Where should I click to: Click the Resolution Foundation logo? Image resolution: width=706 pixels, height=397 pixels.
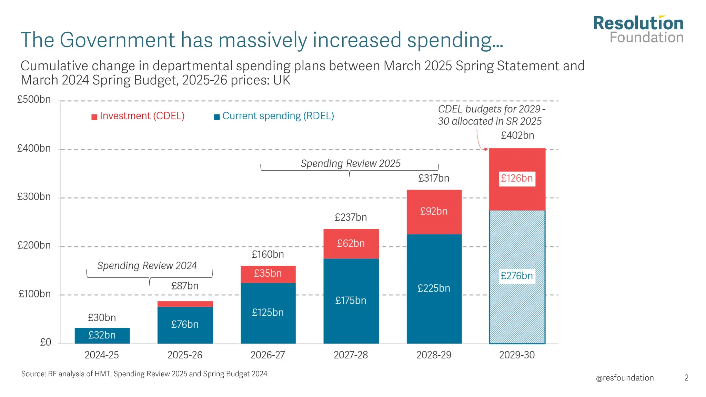[638, 30]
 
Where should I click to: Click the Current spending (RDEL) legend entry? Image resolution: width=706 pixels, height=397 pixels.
[274, 116]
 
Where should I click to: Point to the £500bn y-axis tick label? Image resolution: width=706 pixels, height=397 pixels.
[34, 100]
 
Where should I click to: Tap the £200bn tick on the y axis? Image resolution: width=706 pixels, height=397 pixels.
[34, 245]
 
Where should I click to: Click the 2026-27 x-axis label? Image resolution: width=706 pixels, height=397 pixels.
[268, 355]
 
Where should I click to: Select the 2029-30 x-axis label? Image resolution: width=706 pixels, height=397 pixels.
[517, 355]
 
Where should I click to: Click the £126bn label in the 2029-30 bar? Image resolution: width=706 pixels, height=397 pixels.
[517, 179]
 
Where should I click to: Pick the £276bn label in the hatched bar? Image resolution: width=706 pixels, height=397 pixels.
[517, 276]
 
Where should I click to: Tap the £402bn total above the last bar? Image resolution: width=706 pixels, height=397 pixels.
[517, 135]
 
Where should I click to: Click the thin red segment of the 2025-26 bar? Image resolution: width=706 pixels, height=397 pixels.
[185, 304]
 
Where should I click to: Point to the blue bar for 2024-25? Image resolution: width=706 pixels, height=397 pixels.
[102, 335]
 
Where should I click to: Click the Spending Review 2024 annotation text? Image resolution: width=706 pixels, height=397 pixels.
[147, 266]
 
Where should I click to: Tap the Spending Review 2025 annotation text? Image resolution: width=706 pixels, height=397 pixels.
[351, 163]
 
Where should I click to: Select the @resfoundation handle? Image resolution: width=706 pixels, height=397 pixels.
[625, 378]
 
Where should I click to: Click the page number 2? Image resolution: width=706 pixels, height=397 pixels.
[686, 378]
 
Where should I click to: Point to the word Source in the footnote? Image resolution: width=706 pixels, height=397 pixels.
[33, 374]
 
